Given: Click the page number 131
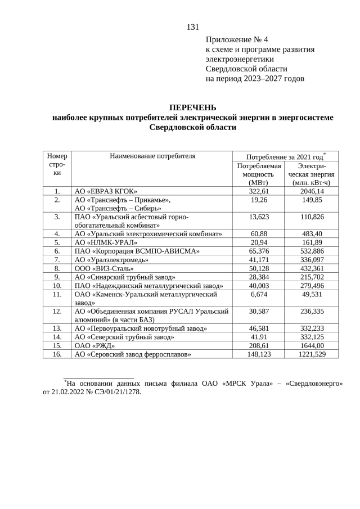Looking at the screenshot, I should [x=192, y=27].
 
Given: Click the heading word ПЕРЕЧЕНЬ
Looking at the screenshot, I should [x=192, y=107].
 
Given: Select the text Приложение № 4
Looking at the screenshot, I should [x=237, y=39].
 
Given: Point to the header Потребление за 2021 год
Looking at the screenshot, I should [x=285, y=156].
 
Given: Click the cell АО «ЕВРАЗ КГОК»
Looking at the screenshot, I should [x=106, y=191].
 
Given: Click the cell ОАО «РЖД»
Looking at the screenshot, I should [x=94, y=345].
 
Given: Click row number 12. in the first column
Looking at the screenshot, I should [x=57, y=311].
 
